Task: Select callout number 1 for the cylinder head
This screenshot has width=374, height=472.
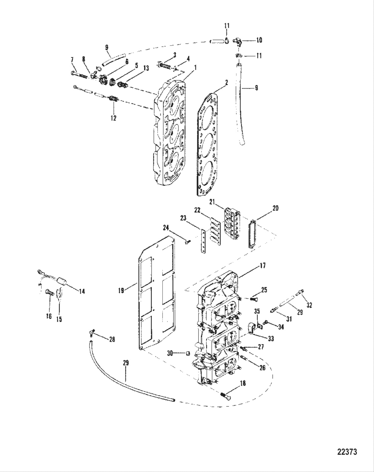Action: [x=195, y=67]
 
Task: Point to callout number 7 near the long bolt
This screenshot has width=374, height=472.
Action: [x=72, y=60]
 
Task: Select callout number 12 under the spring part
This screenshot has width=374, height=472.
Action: [x=114, y=118]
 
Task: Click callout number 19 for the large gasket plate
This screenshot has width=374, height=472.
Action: [x=121, y=291]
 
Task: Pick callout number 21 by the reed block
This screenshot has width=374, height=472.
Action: [x=212, y=201]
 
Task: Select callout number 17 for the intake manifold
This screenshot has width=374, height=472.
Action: [x=262, y=266]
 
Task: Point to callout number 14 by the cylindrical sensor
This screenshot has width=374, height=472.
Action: [x=82, y=291]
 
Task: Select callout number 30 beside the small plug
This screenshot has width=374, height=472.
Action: [x=170, y=353]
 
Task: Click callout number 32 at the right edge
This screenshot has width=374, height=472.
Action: [x=309, y=305]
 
